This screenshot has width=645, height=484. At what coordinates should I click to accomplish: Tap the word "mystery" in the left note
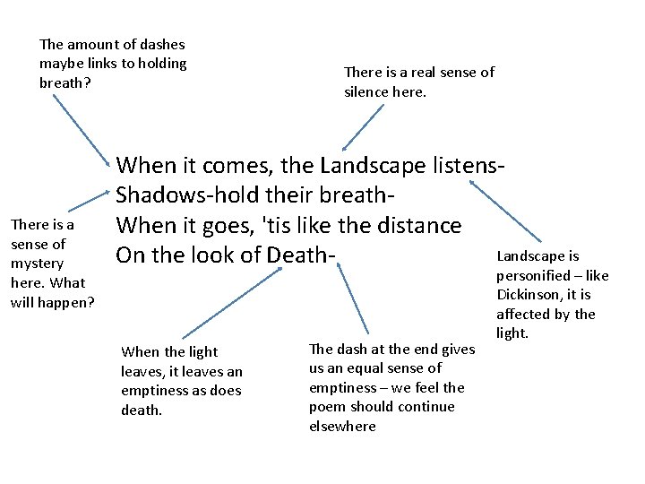(37, 264)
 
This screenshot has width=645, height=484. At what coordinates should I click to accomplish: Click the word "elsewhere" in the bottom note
(342, 427)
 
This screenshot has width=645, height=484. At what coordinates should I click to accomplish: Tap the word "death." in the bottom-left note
(142, 409)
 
